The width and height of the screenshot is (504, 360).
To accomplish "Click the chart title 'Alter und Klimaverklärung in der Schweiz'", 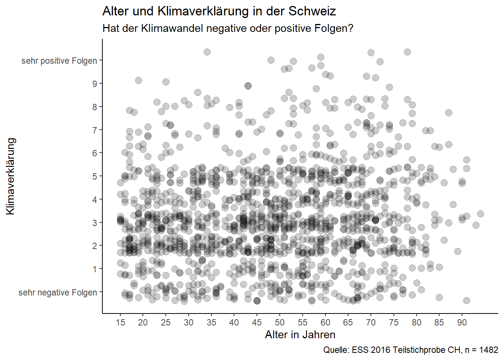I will pyautogui.click(x=219, y=11).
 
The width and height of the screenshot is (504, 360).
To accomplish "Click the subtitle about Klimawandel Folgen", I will pyautogui.click(x=228, y=28).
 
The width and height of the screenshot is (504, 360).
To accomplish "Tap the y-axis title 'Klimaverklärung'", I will pyautogui.click(x=10, y=176).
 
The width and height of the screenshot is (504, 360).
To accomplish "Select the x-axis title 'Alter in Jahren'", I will pyautogui.click(x=300, y=334).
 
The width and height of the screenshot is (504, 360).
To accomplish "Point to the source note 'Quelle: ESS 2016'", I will pyautogui.click(x=411, y=350).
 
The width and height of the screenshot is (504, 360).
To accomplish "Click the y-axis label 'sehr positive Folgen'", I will pyautogui.click(x=59, y=61).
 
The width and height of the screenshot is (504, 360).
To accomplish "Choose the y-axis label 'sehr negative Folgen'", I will pyautogui.click(x=58, y=292).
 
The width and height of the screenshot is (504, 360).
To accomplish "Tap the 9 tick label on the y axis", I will pyautogui.click(x=95, y=84).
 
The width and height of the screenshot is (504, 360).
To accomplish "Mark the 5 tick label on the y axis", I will pyautogui.click(x=95, y=176).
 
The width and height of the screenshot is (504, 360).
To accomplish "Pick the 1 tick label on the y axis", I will pyautogui.click(x=95, y=269).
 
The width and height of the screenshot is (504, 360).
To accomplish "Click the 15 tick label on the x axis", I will pyautogui.click(x=120, y=322).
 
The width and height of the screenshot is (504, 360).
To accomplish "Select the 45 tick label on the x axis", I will pyautogui.click(x=257, y=322).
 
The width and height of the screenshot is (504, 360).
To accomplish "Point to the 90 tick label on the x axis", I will pyautogui.click(x=462, y=322).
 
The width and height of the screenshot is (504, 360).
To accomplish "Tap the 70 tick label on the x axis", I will pyautogui.click(x=371, y=322).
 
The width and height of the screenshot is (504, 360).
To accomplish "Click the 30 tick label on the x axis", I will pyautogui.click(x=189, y=322).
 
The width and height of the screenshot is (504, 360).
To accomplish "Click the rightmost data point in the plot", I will pyautogui.click(x=480, y=214).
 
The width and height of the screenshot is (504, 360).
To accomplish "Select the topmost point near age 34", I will pyautogui.click(x=207, y=52).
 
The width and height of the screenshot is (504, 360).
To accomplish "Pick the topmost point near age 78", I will pyautogui.click(x=407, y=52).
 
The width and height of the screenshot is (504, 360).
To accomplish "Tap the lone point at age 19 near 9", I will pyautogui.click(x=138, y=80).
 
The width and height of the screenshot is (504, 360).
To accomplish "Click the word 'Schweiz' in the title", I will pyautogui.click(x=312, y=11).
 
